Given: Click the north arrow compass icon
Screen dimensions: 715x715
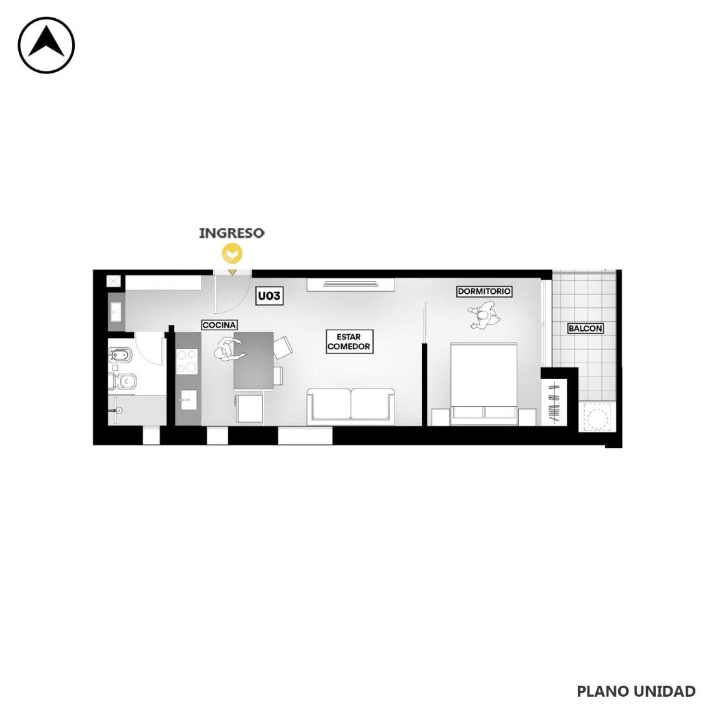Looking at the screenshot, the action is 46,45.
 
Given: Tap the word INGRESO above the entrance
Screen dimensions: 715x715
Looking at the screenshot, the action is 231,233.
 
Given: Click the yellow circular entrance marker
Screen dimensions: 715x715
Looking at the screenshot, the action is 232,254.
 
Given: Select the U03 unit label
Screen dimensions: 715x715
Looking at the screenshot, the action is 269,296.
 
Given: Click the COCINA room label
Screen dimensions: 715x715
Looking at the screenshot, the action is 219,325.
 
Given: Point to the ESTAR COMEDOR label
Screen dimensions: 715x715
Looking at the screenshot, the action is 349,341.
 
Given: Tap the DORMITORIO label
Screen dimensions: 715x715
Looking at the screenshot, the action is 484,291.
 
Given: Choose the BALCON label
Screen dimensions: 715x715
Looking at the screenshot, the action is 585,328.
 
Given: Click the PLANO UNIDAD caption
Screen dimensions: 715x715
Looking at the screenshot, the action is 636,691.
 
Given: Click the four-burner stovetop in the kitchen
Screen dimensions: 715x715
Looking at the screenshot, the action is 187,361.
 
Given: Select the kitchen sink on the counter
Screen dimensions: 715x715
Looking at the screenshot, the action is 188,400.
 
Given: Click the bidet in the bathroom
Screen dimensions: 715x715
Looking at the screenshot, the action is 120,354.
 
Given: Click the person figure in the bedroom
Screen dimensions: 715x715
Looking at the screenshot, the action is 484,314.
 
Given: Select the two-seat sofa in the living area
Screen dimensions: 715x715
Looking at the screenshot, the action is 350,405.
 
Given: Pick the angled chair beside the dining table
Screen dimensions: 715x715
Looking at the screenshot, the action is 282,348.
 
